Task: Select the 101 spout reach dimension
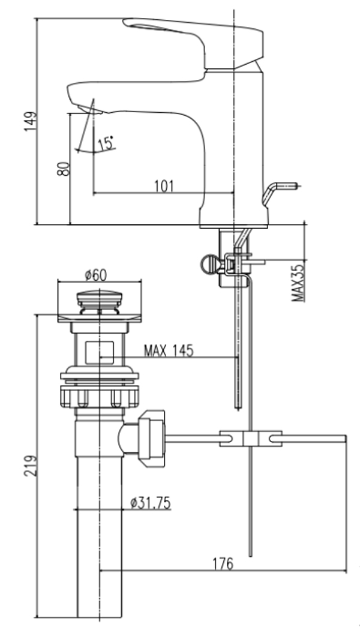click(163, 186)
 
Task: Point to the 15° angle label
click(106, 143)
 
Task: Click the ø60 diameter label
click(95, 275)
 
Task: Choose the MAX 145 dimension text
click(169, 351)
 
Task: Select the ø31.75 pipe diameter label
click(150, 502)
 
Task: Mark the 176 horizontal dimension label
click(223, 563)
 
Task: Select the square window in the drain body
click(100, 352)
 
